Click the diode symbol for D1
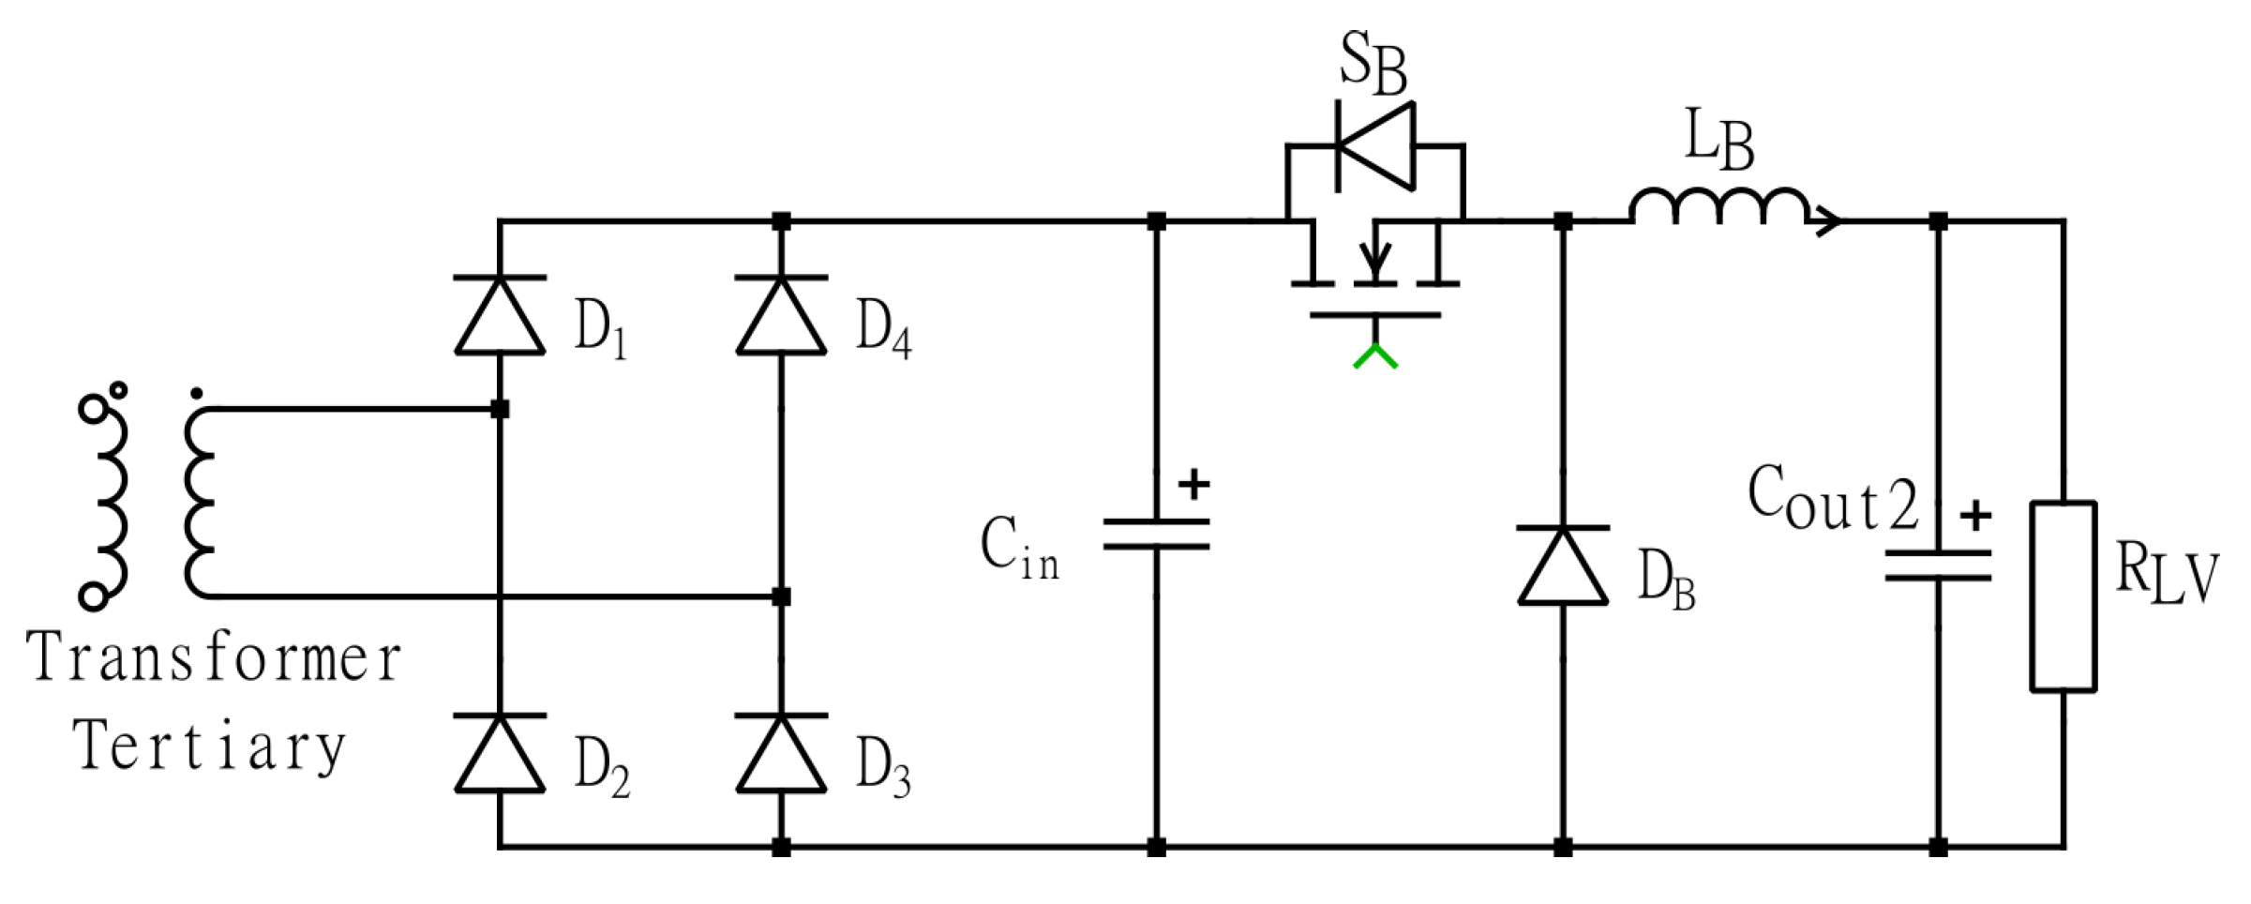(500, 316)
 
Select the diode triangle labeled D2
(500, 754)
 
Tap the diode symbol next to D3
(781, 754)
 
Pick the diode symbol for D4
(781, 316)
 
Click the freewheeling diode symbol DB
(1563, 565)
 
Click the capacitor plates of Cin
(1156, 534)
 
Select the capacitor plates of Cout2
(1938, 565)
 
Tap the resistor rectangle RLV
(2063, 597)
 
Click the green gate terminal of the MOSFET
(1375, 357)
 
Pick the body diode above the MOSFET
(1375, 146)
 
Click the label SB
(1373, 64)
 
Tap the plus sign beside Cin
(1193, 485)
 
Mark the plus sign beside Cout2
(1975, 516)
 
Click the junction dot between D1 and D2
(500, 409)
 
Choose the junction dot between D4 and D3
(781, 596)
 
